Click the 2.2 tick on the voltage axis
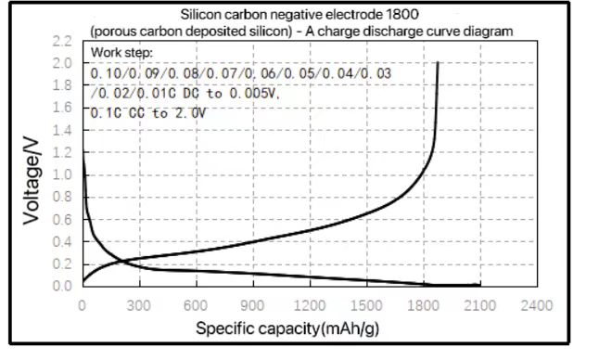click(x=62, y=42)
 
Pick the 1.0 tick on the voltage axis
click(x=62, y=174)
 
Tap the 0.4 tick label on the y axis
click(x=62, y=241)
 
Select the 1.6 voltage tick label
click(x=62, y=108)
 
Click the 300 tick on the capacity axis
click(x=140, y=305)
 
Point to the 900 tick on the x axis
click(x=253, y=305)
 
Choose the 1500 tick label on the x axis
click(x=366, y=305)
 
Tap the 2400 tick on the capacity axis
click(x=537, y=305)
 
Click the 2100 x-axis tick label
click(x=480, y=305)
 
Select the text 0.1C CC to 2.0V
click(x=149, y=112)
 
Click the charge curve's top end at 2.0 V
click(x=438, y=63)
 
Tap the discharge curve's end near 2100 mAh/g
click(x=478, y=284)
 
